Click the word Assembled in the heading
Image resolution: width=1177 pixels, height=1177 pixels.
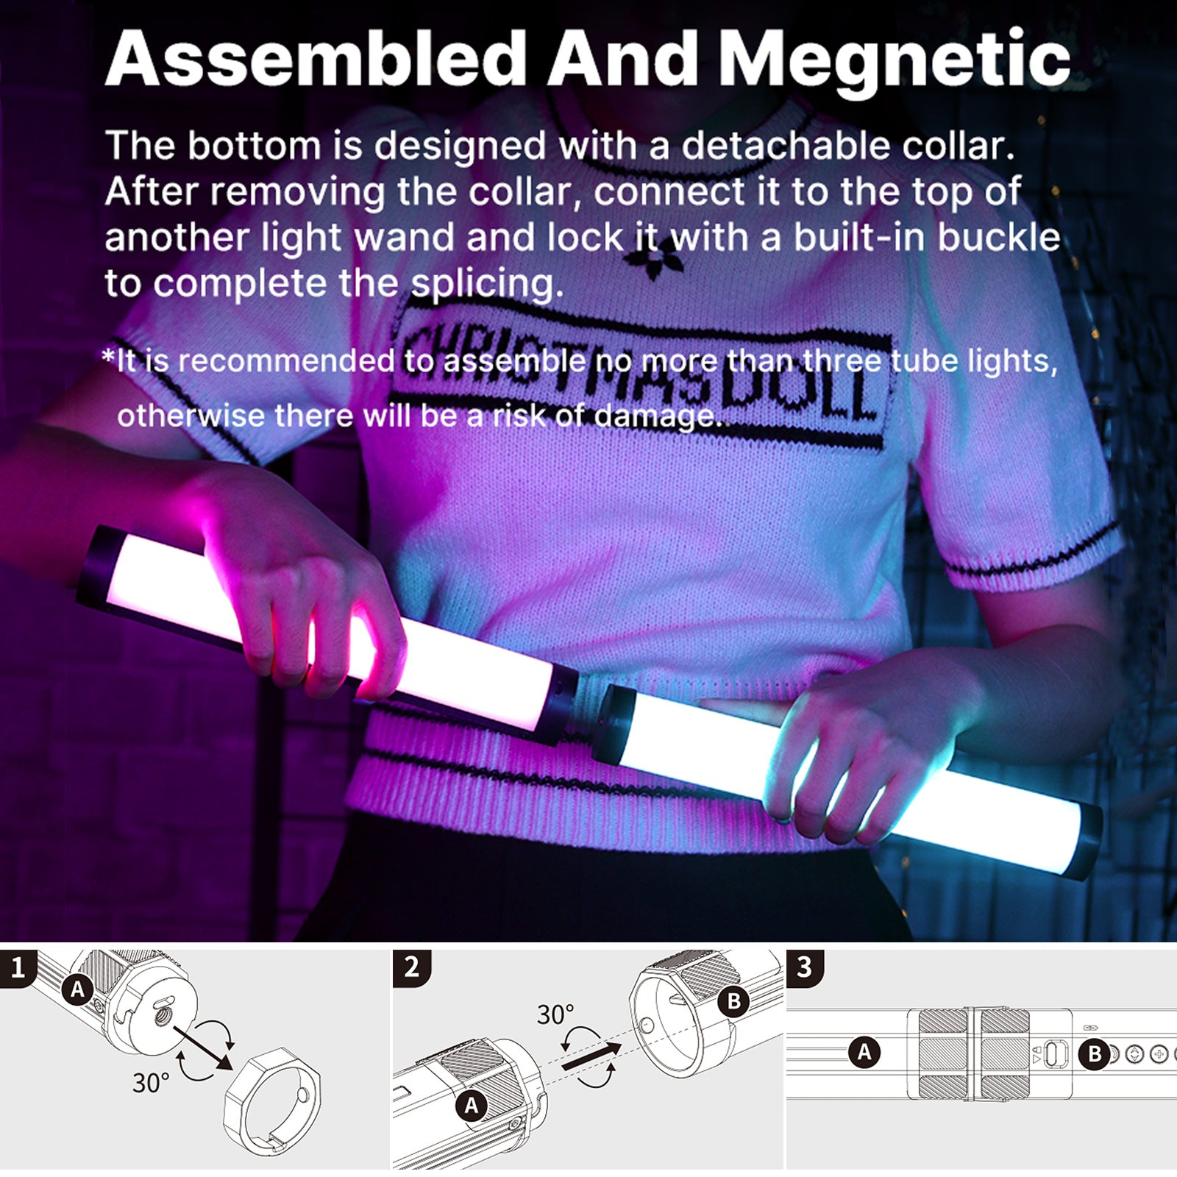[316, 59]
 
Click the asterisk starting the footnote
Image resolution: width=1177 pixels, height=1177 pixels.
[109, 359]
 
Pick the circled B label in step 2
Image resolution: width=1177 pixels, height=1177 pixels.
[733, 1001]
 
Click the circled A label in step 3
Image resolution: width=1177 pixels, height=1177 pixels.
[864, 1052]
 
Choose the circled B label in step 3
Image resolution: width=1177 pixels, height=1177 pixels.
[1095, 1054]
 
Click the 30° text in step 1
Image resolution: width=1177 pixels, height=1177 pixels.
[151, 1083]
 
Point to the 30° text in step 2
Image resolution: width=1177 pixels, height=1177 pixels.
[555, 1015]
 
